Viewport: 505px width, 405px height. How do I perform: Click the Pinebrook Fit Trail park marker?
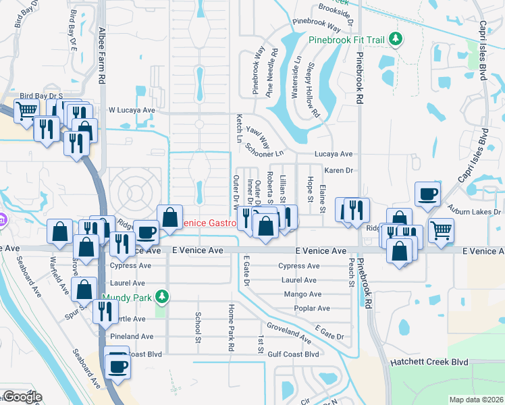coord(397,40)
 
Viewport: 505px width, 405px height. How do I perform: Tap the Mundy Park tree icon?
coord(161,296)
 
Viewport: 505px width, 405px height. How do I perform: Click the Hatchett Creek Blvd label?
coord(429,362)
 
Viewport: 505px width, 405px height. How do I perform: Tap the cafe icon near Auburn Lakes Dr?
coord(427,195)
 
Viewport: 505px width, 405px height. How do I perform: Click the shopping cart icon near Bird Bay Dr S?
coord(26,110)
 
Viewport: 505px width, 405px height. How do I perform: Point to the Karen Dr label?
coord(338,171)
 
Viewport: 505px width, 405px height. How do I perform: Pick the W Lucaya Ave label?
coord(132,109)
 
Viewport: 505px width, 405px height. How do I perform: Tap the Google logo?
coord(22,397)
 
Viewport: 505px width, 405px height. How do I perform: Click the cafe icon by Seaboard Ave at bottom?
coord(118,367)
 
